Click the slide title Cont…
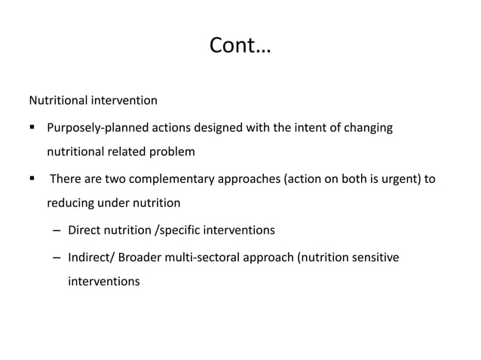click(x=240, y=47)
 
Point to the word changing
click(x=368, y=128)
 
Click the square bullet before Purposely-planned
click(x=32, y=128)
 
